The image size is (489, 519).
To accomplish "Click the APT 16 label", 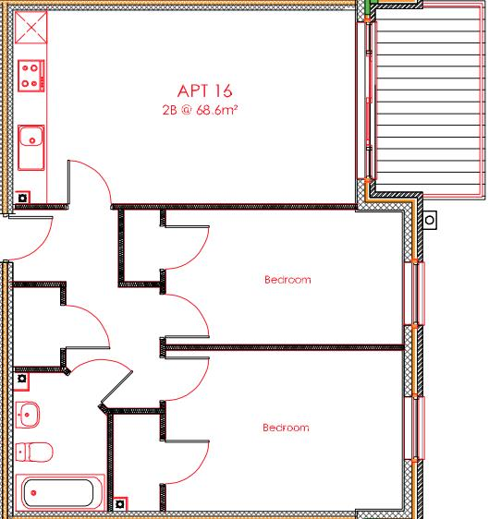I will point(204,91).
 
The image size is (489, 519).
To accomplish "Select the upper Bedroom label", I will point(287,279).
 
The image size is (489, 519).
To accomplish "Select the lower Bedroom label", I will point(286,428).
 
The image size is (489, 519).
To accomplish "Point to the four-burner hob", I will point(31,76).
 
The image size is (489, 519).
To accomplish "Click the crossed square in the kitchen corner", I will point(31,27).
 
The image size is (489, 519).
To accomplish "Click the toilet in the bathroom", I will point(33,453).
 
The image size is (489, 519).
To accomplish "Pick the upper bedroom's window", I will point(415,294).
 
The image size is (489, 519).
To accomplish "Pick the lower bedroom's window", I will point(415,427).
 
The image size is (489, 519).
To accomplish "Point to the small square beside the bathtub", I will point(119,504).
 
